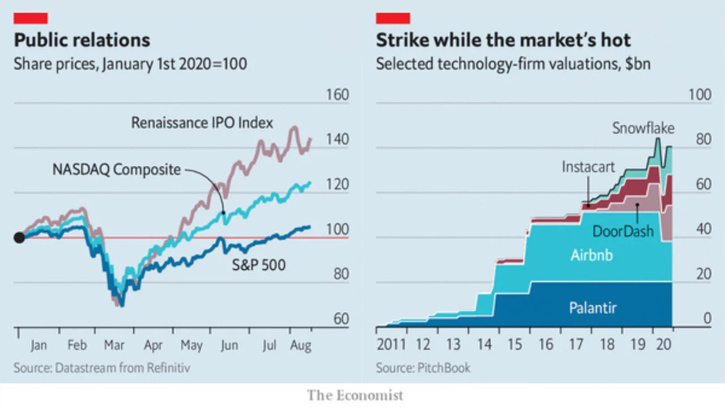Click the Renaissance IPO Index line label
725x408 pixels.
tap(202, 123)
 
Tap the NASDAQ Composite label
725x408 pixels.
tap(117, 169)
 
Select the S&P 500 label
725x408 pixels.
tap(259, 265)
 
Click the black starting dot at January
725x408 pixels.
tap(19, 237)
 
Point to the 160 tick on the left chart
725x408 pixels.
tap(337, 95)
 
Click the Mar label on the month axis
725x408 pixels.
tap(114, 345)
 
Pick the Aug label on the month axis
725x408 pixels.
tap(301, 346)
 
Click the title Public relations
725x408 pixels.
tap(82, 40)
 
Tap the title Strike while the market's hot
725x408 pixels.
tap(504, 40)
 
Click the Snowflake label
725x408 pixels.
tap(643, 128)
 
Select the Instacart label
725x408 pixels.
tap(588, 167)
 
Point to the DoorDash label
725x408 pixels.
tap(623, 231)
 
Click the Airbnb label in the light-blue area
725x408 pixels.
tap(592, 255)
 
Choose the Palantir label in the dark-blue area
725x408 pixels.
tap(593, 308)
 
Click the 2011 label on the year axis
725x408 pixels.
tap(391, 345)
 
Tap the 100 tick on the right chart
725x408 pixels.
tap(700, 95)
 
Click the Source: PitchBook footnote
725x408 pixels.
tap(423, 368)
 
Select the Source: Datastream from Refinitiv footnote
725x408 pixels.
tap(102, 368)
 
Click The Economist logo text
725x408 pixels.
tap(355, 396)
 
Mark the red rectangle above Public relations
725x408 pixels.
tap(31, 18)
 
